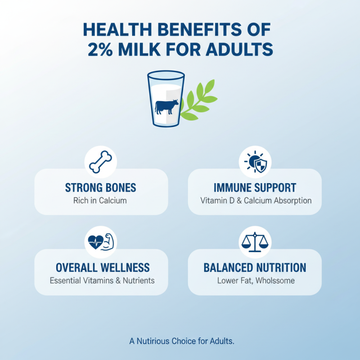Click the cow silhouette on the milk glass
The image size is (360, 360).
(166, 107)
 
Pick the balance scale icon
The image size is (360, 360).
(255, 242)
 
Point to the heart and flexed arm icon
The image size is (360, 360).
(101, 242)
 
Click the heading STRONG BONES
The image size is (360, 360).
(101, 188)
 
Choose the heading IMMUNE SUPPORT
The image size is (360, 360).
(255, 188)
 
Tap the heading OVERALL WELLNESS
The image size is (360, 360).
(103, 268)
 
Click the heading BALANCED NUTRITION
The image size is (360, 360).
(255, 268)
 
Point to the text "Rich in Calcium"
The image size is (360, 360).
(100, 200)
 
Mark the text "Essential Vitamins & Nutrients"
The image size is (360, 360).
(102, 280)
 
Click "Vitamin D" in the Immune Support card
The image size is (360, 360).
(216, 200)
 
